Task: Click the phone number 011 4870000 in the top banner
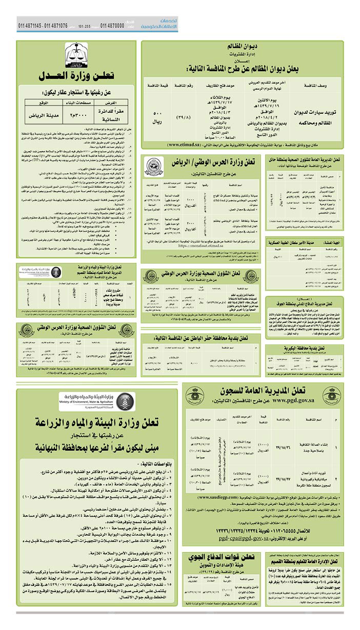(112, 25)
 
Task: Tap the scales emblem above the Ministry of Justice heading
(76, 55)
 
